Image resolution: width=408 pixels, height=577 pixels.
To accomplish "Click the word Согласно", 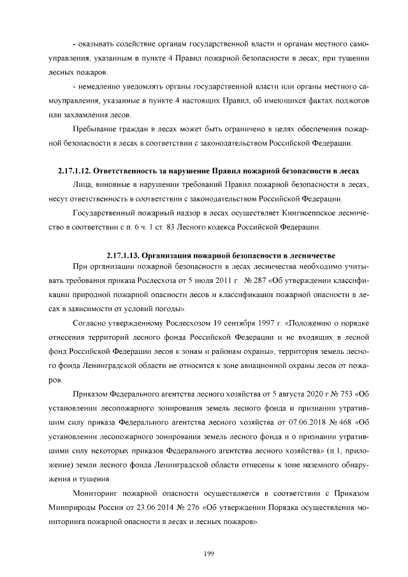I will (92, 323).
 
